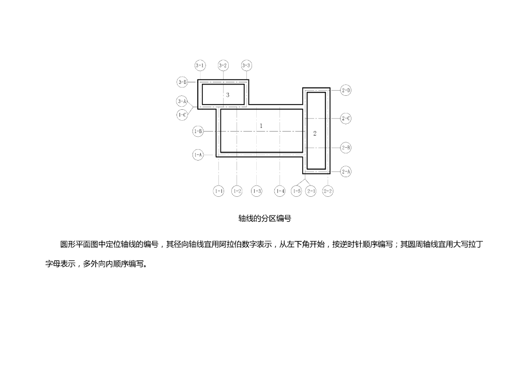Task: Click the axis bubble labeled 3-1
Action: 200,65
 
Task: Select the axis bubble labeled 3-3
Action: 246,65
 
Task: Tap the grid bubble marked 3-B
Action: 182,82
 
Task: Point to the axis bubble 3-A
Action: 182,102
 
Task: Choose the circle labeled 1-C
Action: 182,114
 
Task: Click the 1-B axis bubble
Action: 198,132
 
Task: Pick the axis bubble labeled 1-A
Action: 198,154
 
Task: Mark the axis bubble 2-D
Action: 346,91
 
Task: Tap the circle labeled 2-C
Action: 346,119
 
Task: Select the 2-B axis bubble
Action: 346,148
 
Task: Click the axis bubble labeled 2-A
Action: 346,171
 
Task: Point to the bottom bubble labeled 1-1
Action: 219,191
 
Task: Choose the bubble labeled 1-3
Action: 257,191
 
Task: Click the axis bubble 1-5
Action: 297,191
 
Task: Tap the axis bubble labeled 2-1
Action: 311,191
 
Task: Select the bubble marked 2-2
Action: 328,191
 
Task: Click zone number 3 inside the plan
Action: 228,95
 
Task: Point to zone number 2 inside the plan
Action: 315,134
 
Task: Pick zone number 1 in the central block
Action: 261,126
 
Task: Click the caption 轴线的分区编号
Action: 264,219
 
